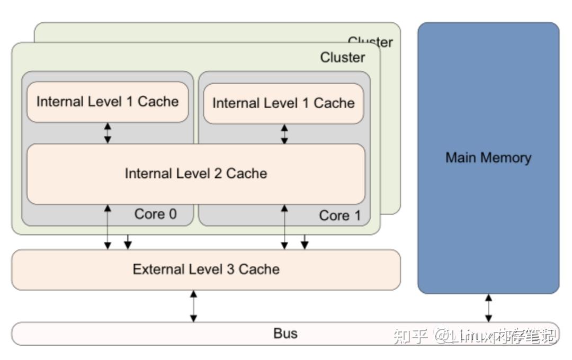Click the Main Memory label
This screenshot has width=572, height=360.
coord(488,158)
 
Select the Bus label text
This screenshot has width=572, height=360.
coord(285,334)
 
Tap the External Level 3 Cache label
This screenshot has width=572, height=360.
coord(206,269)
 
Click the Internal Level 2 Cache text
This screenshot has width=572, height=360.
coord(195,174)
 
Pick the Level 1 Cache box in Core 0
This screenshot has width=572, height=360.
coord(108,102)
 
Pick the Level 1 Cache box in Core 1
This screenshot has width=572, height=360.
coord(283,103)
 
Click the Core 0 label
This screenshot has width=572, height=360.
coord(155,214)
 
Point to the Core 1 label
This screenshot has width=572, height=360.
coord(339,216)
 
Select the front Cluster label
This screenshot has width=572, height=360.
coord(342,58)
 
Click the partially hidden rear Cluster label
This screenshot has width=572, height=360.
coord(371,41)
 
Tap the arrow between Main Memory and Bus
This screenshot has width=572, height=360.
coord(488,308)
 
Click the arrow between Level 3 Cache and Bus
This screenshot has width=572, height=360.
coord(193,306)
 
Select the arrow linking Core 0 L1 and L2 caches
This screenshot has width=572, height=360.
coord(108,133)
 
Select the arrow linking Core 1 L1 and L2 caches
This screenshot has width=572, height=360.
coord(284,134)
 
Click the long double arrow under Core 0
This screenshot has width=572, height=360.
coord(108,227)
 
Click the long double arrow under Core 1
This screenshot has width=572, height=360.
coord(284,227)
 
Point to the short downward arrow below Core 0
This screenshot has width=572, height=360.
coord(127,242)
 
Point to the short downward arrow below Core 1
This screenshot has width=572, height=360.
coord(304,242)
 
